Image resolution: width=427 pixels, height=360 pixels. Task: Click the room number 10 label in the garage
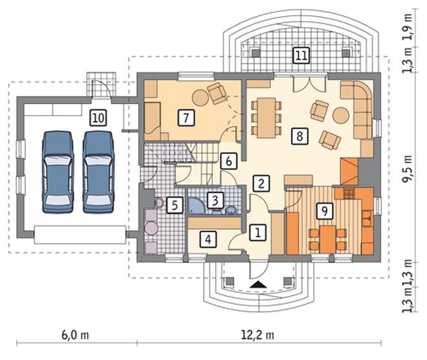tap(98, 118)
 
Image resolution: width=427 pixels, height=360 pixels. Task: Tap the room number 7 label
tap(186, 118)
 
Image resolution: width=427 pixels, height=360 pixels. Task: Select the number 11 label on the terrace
tap(301, 56)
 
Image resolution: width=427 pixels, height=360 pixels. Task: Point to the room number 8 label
tap(300, 136)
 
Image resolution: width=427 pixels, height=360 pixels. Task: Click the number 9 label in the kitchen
tap(325, 211)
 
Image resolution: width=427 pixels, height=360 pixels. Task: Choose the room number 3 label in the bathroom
tap(215, 200)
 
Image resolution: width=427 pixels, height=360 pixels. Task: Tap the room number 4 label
tap(208, 239)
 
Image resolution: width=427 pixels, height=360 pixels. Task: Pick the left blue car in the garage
tap(58, 172)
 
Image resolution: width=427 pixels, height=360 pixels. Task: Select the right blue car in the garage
tap(98, 172)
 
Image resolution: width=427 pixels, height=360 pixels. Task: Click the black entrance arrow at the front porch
tap(257, 284)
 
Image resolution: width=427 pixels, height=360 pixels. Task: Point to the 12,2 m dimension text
tap(257, 335)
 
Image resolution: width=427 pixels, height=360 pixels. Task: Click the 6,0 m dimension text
tap(75, 335)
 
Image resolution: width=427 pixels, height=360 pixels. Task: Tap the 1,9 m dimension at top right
tap(408, 27)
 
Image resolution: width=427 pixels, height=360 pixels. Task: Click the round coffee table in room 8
tap(341, 116)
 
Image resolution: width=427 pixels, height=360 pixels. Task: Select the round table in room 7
tap(201, 98)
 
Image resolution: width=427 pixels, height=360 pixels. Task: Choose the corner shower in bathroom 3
tap(195, 206)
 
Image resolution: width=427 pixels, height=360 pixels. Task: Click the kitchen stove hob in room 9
tap(349, 193)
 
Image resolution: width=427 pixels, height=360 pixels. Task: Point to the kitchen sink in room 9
tap(367, 218)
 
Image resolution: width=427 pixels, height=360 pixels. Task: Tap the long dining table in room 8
tap(266, 118)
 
